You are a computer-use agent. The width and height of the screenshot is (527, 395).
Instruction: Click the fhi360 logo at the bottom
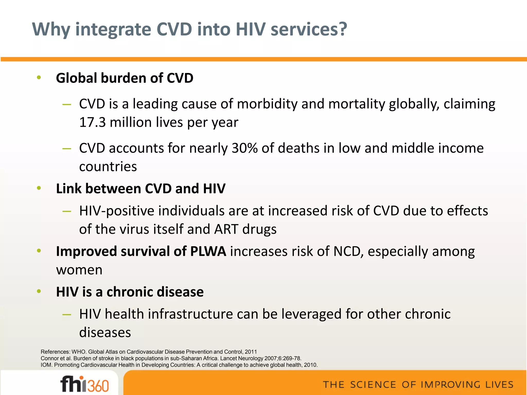[84, 384]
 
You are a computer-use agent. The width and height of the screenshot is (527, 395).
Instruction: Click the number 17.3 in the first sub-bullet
[92, 122]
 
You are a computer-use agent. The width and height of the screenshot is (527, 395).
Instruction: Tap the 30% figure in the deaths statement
[244, 148]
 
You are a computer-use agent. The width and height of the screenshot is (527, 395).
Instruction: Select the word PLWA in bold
[208, 252]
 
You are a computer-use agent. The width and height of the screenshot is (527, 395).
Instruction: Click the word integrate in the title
[113, 30]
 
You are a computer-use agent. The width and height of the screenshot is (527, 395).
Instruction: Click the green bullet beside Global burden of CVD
[39, 77]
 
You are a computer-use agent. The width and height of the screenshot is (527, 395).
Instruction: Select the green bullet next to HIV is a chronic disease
[39, 291]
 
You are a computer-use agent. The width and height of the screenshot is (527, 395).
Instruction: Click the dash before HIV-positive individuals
[67, 211]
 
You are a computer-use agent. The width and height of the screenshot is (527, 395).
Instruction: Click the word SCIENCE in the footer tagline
[373, 385]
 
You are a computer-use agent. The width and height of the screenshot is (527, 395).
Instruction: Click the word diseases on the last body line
[105, 333]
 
